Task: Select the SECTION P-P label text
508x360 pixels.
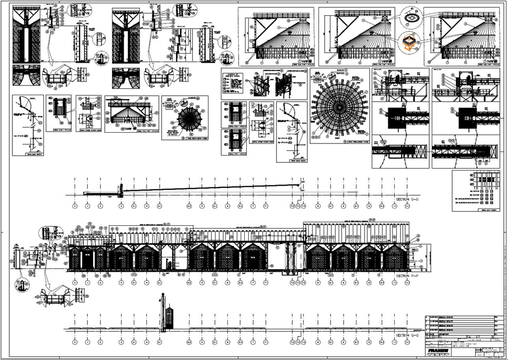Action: click(x=408, y=276)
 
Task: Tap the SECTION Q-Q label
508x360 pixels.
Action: click(x=408, y=335)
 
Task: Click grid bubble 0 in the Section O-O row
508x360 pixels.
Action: click(x=75, y=206)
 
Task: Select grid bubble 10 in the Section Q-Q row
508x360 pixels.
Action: click(x=369, y=342)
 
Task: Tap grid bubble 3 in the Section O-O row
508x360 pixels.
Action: click(x=121, y=206)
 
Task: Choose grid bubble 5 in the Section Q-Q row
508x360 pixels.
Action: click(x=202, y=342)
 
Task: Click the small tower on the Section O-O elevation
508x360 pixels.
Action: click(x=121, y=190)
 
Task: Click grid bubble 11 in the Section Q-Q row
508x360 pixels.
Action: click(x=394, y=342)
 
